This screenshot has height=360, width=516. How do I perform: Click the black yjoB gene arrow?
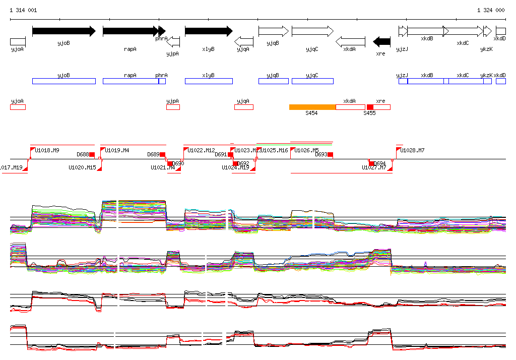point(63,31)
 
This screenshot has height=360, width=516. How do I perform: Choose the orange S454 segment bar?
point(312,107)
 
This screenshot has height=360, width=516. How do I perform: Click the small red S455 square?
point(370,107)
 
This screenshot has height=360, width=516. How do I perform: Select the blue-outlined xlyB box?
point(209,81)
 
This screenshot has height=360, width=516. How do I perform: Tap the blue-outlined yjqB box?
point(274,81)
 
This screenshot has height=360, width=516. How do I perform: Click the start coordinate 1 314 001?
point(23,10)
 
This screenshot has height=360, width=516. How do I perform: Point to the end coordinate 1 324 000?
point(491,10)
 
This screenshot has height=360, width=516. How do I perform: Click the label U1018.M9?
point(47,150)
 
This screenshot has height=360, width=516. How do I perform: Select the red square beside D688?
point(92,154)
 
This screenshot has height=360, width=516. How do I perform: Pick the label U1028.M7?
point(413,150)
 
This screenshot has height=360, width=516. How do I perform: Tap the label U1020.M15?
point(82,167)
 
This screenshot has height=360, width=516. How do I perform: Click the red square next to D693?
point(331,154)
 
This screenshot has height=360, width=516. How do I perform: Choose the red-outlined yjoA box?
point(18,107)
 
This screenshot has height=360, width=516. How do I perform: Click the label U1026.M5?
point(306,150)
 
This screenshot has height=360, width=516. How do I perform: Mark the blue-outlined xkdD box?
point(501,81)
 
